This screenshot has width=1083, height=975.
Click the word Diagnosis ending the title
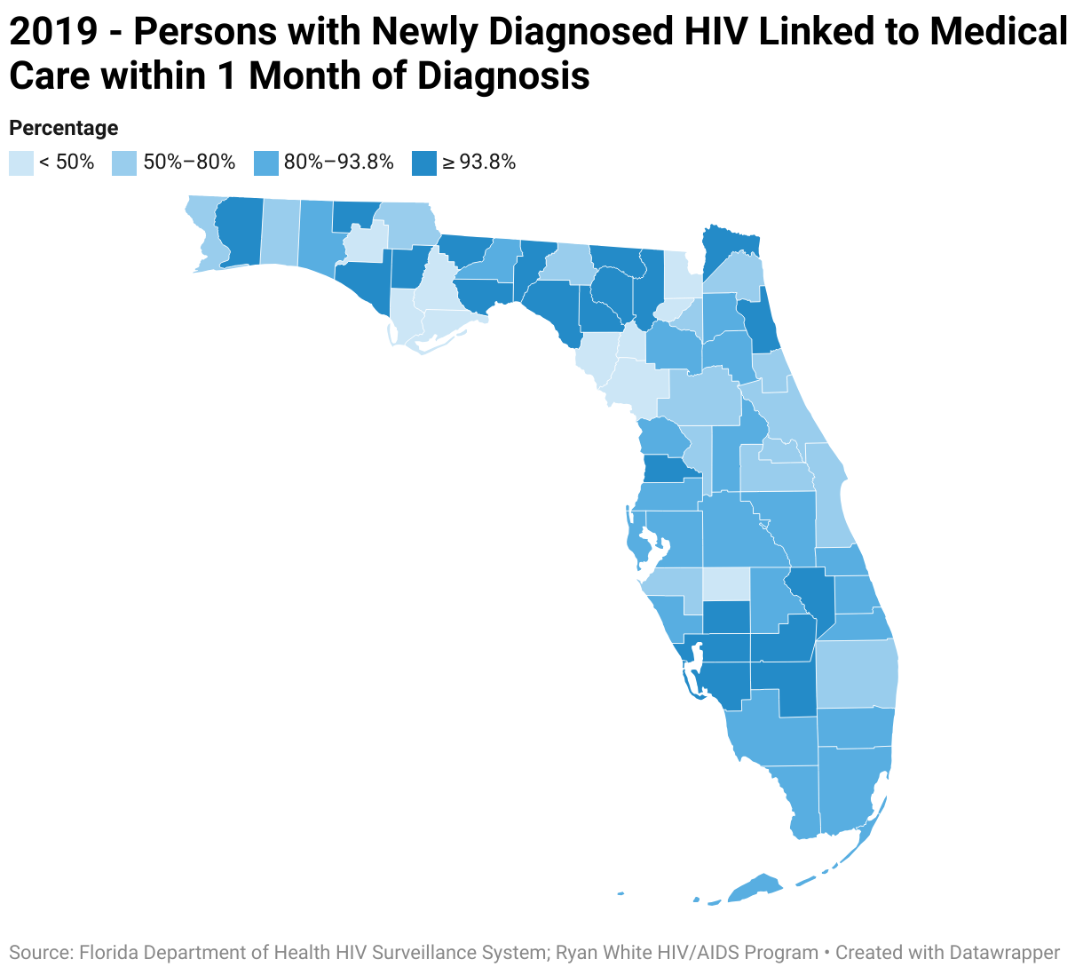point(503,76)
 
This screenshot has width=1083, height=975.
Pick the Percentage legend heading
point(63,128)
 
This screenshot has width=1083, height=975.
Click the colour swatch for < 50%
point(21,163)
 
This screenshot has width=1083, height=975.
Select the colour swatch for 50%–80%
point(124,163)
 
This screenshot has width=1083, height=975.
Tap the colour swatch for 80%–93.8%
point(265,163)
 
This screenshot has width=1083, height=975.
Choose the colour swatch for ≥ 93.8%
point(424,163)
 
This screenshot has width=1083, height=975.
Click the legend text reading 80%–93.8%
point(338,162)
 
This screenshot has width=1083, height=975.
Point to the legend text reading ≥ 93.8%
point(479,162)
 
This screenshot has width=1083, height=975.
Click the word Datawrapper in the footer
point(1004,953)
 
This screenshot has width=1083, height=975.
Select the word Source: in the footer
point(41,953)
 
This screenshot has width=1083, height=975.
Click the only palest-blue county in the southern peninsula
point(726,584)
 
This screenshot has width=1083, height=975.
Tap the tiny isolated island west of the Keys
point(621,893)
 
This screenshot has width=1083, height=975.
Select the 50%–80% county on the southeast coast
point(857,674)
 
